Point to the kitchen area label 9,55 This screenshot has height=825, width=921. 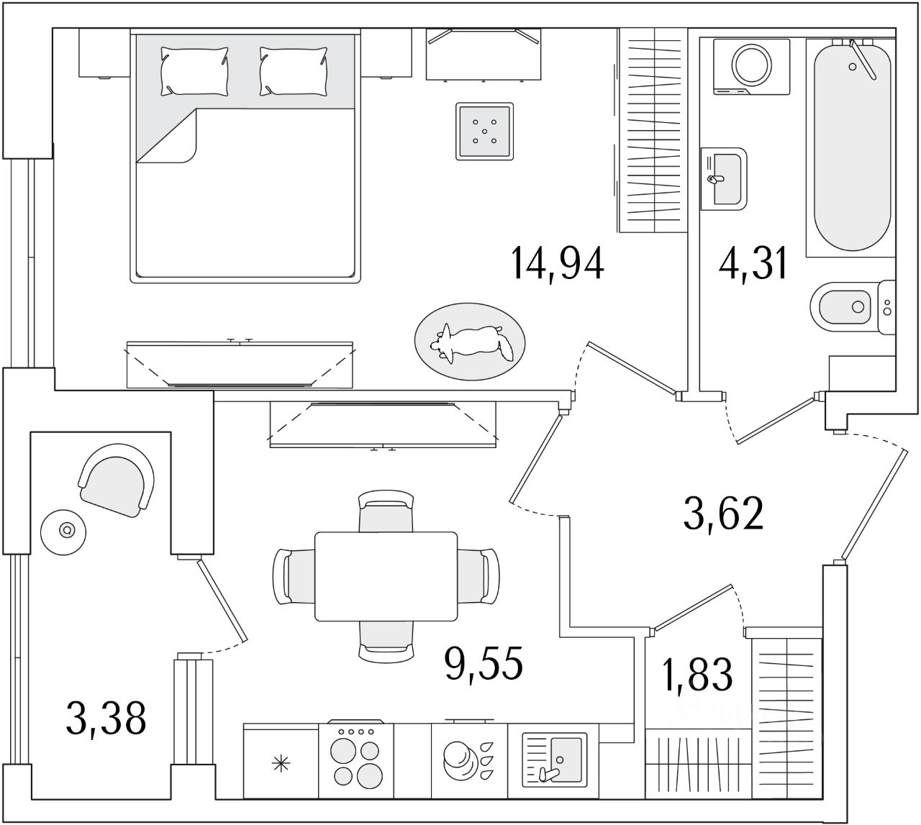[483, 664]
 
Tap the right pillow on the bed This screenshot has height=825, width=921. [293, 71]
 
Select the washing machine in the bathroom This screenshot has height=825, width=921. [750, 65]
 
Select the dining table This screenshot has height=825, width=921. [386, 576]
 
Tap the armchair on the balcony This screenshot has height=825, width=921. [117, 478]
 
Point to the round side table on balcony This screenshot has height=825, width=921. [67, 530]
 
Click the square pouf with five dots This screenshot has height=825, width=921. [485, 132]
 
